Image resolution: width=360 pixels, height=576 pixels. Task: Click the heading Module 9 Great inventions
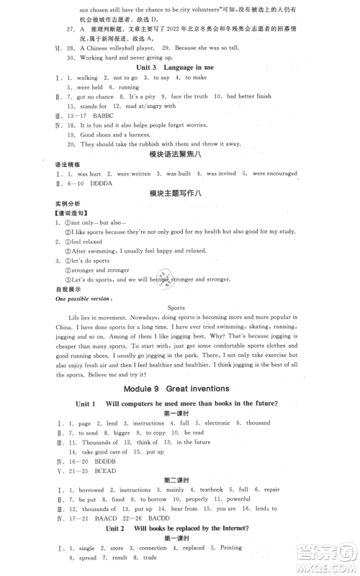click(179, 388)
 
